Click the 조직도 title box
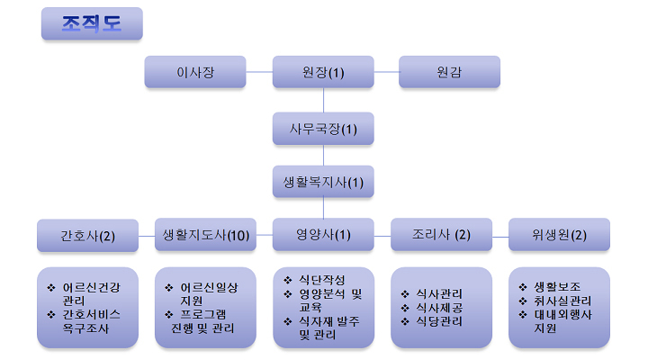pos(92,23)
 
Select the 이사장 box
pos(195,72)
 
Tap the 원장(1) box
pos(323,72)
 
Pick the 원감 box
pos(449,72)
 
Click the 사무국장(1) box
pos(323,129)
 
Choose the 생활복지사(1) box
pos(323,182)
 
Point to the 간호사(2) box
pos(87,236)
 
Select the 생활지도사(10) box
pos(205,235)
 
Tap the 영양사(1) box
pos(323,235)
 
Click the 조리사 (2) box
pos(441,235)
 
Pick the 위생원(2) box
pos(559,235)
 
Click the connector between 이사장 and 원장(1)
pos(259,72)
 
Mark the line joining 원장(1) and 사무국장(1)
pos(323,100)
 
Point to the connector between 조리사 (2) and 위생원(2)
pos(500,238)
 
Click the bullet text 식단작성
pos(322,280)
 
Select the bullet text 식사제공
pos(439,308)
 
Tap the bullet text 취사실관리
pos(562,301)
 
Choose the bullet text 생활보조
pos(557,287)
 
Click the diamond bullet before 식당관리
pos(405,321)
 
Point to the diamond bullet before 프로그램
pos(168,314)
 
